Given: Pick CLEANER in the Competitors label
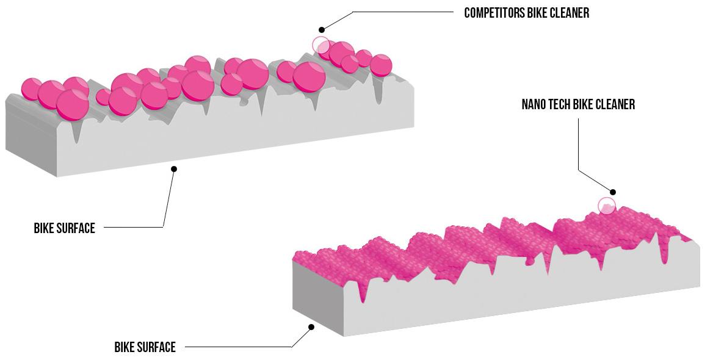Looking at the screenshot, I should point(568,13).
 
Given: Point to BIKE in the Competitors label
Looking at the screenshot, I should point(535,13).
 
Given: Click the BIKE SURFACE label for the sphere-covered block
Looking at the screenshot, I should point(65,228).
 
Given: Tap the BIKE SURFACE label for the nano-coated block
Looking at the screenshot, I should point(145,347).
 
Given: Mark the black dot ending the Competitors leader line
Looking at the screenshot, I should point(322,29).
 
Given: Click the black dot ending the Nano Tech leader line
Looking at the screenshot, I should point(613,192).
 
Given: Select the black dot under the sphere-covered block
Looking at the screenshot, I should point(174,168).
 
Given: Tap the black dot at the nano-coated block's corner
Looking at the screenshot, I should point(311,327).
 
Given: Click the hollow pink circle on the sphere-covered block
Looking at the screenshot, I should point(321,45).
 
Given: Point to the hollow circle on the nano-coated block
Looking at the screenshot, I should point(606,206).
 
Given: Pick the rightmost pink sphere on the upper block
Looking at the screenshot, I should point(381,65).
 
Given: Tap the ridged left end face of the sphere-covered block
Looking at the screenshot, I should point(31,137).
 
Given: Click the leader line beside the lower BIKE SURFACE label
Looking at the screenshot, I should point(238,347).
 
